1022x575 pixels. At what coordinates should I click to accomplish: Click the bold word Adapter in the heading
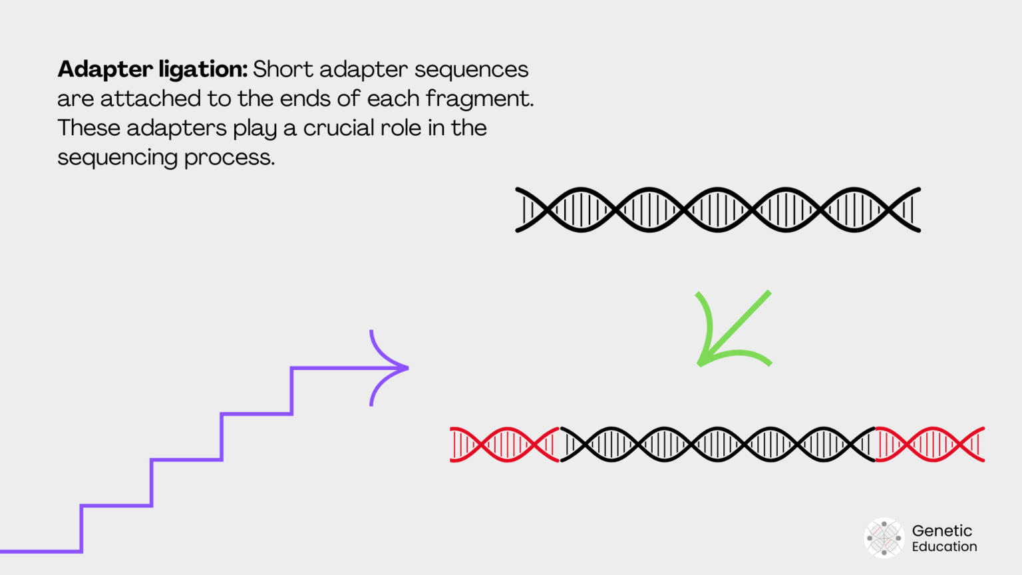point(105,70)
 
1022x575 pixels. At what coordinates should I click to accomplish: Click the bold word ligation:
point(203,70)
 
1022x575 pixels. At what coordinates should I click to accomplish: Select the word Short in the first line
point(282,69)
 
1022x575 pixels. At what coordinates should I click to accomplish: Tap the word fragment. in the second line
point(480,99)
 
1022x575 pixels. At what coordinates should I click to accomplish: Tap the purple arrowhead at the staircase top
point(393,367)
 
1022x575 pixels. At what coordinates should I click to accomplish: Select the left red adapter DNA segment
point(504,445)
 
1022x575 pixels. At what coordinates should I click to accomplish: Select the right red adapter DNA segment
point(930,445)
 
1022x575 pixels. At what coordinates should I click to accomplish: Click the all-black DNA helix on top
point(717,210)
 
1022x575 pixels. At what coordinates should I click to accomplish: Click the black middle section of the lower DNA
point(717,445)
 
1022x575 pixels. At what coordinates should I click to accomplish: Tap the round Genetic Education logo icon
point(884,538)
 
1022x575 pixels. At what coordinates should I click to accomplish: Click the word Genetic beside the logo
point(941,530)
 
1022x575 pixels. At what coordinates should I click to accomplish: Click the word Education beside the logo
point(944,546)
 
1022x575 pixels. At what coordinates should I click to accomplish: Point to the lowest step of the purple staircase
point(40,551)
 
